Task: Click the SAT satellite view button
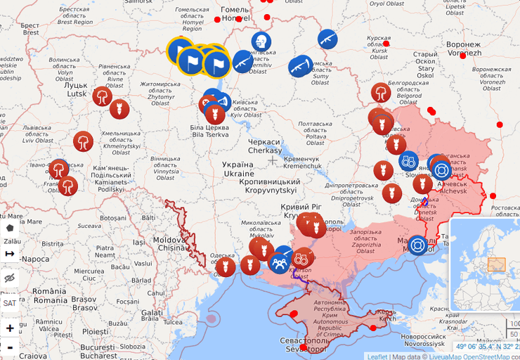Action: pos(9,303)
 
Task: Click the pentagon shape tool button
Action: pos(9,228)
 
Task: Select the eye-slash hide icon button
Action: pos(9,278)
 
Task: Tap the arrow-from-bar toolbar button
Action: pos(9,253)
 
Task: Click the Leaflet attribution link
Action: pos(377,356)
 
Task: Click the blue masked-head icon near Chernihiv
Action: pos(261,41)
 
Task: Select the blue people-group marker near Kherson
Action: pos(279,264)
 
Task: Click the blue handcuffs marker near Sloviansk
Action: pos(408,161)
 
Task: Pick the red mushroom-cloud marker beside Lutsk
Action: pos(103,96)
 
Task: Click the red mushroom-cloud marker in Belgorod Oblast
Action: pos(380,92)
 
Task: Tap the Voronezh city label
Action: pos(464,49)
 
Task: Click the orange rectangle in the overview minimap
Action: pos(496,264)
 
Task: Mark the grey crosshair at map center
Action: pos(273,160)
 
